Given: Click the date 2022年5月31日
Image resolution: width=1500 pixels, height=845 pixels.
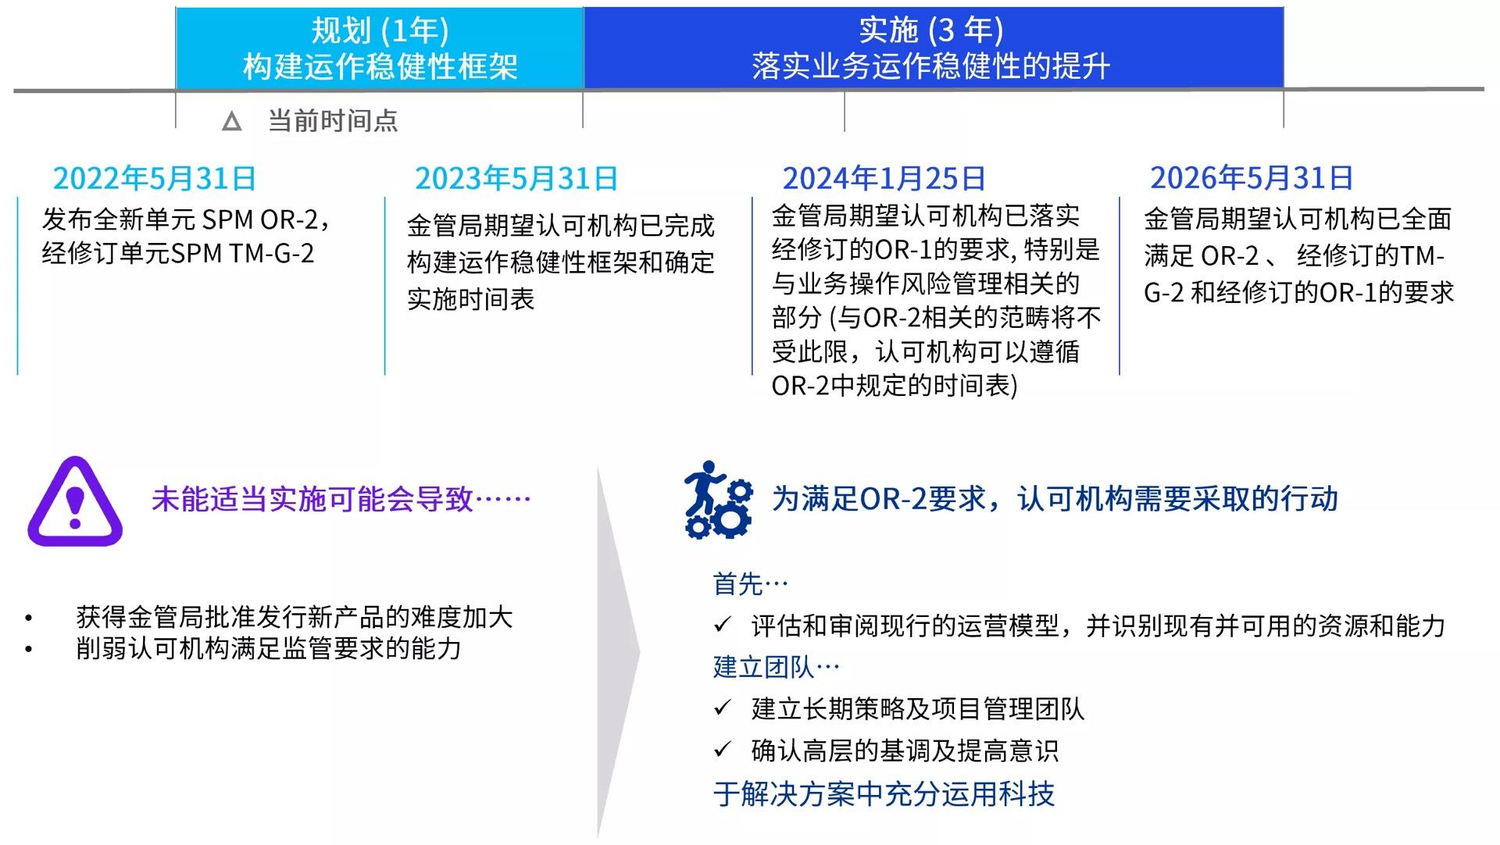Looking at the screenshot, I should [154, 179].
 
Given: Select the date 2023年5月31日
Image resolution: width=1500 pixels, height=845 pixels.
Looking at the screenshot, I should [516, 179].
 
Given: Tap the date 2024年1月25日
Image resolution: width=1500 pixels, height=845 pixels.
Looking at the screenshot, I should [884, 179].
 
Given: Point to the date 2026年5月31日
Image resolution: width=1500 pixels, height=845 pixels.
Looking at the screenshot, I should [1251, 178].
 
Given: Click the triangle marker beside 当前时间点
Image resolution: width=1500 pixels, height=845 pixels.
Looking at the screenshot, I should [232, 122].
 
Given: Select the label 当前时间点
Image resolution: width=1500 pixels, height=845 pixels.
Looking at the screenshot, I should [333, 121].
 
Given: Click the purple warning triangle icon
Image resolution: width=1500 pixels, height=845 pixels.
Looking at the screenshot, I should [75, 502].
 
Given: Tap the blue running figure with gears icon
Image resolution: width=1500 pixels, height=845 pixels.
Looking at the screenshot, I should [718, 500].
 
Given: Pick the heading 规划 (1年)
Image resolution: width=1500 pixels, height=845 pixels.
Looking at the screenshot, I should [380, 30].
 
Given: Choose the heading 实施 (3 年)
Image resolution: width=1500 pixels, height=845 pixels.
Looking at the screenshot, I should [930, 30].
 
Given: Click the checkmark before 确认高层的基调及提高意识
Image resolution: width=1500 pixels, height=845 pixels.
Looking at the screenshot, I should [723, 751].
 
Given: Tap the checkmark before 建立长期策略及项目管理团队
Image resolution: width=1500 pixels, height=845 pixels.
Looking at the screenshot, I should [723, 708].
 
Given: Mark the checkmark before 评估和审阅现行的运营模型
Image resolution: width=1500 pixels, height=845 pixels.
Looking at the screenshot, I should [723, 625].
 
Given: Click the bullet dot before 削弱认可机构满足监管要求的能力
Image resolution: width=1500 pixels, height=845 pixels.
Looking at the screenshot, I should [29, 649].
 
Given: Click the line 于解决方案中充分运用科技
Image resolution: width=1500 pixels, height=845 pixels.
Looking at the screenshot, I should [884, 794].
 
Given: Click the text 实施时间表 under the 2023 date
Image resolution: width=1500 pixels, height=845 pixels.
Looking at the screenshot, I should [470, 299].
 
